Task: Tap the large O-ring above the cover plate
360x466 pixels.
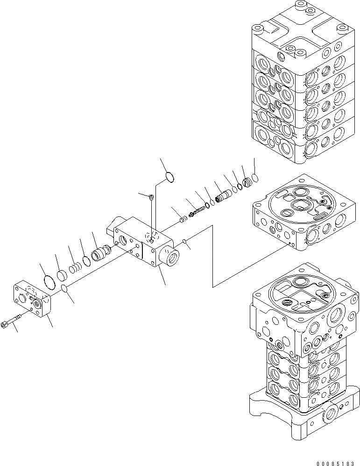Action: coord(49,282)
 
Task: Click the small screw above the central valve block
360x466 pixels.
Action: coord(151,198)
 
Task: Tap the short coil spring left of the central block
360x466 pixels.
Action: coord(75,270)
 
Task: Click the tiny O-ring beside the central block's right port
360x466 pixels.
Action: coord(185,242)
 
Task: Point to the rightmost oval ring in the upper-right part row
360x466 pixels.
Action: coord(254,178)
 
